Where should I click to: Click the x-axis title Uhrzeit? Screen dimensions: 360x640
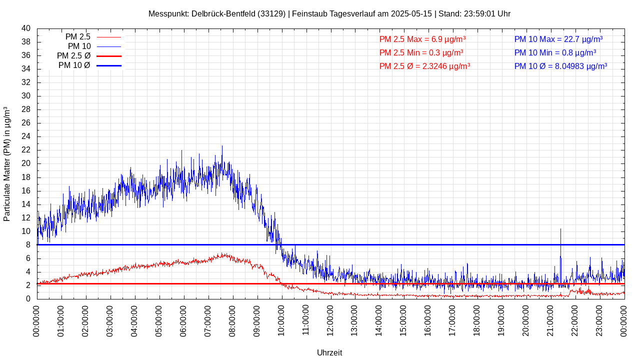(x=329, y=352)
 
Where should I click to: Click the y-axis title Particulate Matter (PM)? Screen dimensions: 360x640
(x=7, y=163)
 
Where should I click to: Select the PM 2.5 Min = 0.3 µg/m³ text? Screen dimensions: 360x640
(x=421, y=52)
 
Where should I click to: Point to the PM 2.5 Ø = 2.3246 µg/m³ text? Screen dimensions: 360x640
(x=424, y=66)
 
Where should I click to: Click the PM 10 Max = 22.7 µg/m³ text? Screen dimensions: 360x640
(x=558, y=39)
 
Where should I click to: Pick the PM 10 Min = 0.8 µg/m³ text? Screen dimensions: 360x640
(x=555, y=52)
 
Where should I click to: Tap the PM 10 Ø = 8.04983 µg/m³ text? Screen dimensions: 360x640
(x=560, y=66)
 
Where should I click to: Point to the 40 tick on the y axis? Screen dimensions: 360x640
(x=26, y=28)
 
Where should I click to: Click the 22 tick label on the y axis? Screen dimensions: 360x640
(x=26, y=150)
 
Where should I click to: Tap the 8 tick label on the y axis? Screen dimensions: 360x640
(x=28, y=245)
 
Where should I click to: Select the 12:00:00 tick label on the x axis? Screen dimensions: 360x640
(x=330, y=320)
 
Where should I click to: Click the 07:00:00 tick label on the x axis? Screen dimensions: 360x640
(x=207, y=320)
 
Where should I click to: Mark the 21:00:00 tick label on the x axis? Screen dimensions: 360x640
(x=550, y=320)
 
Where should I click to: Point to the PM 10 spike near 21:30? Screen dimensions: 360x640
(x=560, y=230)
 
